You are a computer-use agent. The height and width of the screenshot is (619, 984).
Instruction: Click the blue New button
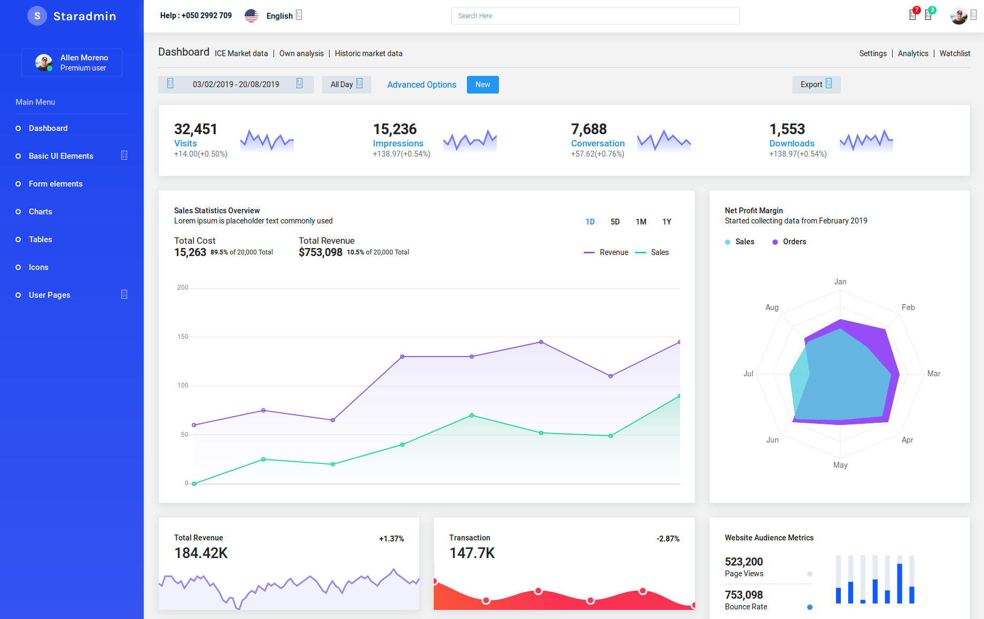pyautogui.click(x=482, y=84)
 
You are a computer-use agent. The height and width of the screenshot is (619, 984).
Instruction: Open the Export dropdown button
pyautogui.click(x=816, y=84)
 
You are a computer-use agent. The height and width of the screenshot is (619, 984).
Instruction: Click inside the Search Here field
pyautogui.click(x=595, y=16)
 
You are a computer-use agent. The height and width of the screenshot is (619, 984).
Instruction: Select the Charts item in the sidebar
pyautogui.click(x=41, y=212)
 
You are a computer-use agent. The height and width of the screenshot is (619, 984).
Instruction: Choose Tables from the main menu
pyautogui.click(x=41, y=239)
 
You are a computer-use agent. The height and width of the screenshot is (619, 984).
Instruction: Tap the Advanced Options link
pyautogui.click(x=421, y=84)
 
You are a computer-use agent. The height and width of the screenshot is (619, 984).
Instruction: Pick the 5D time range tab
pyautogui.click(x=615, y=222)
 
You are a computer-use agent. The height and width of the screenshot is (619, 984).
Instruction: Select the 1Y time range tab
pyautogui.click(x=667, y=222)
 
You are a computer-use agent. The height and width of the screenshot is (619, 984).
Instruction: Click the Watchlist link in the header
pyautogui.click(x=955, y=53)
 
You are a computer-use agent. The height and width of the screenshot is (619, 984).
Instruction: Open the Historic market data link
pyautogui.click(x=369, y=53)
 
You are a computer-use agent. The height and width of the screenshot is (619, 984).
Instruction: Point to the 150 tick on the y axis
pyautogui.click(x=183, y=337)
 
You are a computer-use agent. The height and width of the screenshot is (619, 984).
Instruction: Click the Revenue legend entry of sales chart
pyautogui.click(x=606, y=252)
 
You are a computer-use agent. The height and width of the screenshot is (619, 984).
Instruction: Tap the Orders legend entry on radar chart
pyautogui.click(x=789, y=242)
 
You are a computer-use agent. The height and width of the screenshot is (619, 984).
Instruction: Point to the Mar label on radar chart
pyautogui.click(x=934, y=374)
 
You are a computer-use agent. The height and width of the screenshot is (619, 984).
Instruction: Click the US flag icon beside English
pyautogui.click(x=251, y=16)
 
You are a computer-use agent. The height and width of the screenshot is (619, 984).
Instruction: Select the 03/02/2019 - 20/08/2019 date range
pyautogui.click(x=236, y=84)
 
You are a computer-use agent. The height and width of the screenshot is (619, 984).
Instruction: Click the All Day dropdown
pyautogui.click(x=347, y=84)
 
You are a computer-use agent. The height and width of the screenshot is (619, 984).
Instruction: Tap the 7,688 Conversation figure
pyautogui.click(x=589, y=129)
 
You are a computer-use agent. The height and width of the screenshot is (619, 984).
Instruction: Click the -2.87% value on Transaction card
pyautogui.click(x=668, y=539)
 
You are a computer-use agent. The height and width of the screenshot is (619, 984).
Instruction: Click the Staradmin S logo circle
pyautogui.click(x=37, y=16)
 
